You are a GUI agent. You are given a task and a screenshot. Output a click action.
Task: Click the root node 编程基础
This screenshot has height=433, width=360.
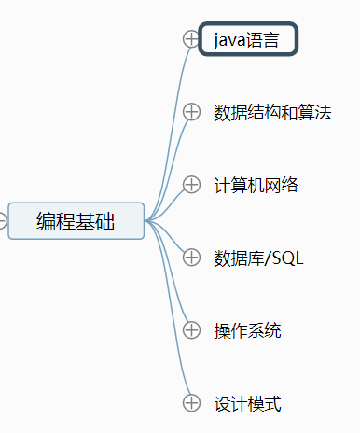(76, 221)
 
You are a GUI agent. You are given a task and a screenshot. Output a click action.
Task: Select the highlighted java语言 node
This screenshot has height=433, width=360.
(249, 40)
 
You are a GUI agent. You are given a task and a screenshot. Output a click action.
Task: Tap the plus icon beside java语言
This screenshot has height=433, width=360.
(191, 38)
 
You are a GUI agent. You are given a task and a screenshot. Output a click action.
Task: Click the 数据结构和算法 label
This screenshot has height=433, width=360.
(272, 113)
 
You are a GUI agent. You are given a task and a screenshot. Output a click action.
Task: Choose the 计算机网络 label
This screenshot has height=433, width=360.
(256, 185)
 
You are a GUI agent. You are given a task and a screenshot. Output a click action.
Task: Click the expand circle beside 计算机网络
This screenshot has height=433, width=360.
(191, 184)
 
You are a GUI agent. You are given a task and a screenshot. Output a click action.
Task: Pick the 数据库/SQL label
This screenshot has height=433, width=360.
(258, 258)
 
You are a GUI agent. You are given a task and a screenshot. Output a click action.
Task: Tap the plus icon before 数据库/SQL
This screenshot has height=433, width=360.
(191, 257)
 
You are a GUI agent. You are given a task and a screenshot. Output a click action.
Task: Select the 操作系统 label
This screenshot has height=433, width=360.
(247, 330)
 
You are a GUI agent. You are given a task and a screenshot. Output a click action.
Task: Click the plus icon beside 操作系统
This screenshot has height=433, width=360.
(191, 329)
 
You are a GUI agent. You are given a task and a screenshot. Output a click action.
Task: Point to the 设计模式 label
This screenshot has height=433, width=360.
(247, 404)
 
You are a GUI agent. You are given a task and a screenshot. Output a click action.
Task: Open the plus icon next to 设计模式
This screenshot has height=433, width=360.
(191, 403)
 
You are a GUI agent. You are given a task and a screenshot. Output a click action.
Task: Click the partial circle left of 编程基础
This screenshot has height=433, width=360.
(2, 221)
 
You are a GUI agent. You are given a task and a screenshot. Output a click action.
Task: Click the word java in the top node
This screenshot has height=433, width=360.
(229, 40)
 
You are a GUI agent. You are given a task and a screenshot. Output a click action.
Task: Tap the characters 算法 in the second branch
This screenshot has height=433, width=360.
(314, 113)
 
